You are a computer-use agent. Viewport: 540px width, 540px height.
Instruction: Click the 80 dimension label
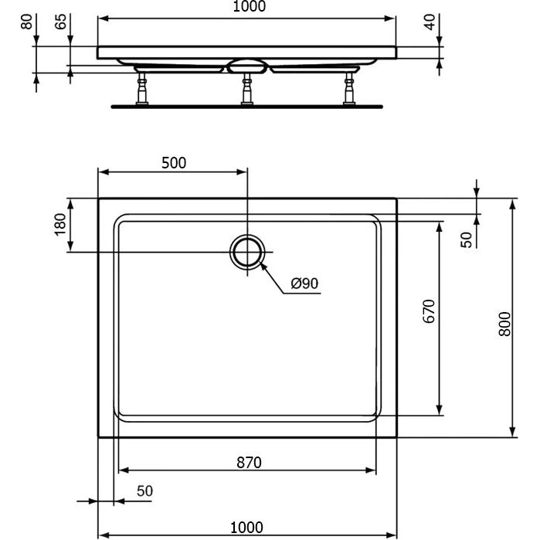[27, 22]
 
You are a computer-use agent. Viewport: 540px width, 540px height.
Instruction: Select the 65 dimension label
[60, 22]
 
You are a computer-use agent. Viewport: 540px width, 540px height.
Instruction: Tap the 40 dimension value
[429, 22]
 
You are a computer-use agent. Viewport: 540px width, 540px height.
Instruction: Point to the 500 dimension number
[174, 163]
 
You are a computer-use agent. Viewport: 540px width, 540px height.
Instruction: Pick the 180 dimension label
[60, 225]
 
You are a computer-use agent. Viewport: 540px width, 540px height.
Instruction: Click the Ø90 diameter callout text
[304, 284]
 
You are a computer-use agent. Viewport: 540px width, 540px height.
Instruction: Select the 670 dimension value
[429, 311]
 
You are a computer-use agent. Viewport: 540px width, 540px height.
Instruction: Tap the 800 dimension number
[505, 324]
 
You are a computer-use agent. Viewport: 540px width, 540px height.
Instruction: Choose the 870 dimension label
[249, 463]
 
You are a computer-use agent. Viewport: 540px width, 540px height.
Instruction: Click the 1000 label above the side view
[250, 6]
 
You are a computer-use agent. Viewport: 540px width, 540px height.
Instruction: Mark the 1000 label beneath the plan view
[246, 528]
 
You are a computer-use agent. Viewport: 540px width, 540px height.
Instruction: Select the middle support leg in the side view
[247, 88]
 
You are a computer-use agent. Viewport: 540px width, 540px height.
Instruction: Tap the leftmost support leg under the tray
[142, 88]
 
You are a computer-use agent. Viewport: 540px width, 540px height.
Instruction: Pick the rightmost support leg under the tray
[349, 88]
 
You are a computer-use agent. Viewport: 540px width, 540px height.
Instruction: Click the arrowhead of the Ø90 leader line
[262, 266]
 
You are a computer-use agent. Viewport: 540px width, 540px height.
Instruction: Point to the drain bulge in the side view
[246, 66]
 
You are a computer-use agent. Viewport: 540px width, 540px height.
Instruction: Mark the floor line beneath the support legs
[247, 107]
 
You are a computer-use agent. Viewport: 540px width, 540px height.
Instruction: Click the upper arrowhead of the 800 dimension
[513, 205]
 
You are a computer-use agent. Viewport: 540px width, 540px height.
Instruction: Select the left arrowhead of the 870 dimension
[124, 470]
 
